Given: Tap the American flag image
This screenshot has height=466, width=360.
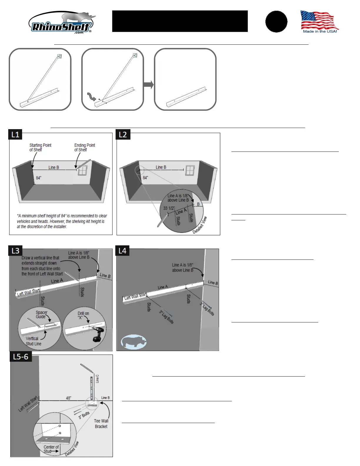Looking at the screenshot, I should coord(319,21).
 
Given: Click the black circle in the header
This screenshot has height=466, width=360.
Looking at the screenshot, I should coord(276,22).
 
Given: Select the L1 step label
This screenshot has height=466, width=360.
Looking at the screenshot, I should coord(15,134).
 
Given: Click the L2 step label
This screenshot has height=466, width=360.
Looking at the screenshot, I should coord(123,134).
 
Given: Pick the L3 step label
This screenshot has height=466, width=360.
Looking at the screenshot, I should coord(15,251).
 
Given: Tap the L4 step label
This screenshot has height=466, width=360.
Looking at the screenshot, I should coord(122,251).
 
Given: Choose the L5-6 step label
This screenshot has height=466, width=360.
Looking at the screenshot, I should coord(21,357).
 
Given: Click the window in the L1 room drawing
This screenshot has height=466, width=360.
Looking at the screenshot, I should coord(83,170).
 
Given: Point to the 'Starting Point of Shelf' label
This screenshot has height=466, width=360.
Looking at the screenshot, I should coord(40,147).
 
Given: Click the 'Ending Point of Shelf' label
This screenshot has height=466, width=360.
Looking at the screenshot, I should coord(84,147).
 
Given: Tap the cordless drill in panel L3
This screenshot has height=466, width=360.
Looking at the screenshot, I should coord(98,334).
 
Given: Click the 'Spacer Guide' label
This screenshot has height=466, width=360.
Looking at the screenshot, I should coord(41,314).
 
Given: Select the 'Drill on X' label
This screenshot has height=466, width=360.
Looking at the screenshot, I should coord(83,315).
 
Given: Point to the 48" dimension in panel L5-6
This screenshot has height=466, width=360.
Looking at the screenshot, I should coord(69,398).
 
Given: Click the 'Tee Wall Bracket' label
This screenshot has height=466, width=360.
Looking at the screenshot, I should coord(101,424).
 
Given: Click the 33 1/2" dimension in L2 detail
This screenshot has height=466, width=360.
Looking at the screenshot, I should coord(169,208).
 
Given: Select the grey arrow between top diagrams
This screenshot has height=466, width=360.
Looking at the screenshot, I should coord(149,85).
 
